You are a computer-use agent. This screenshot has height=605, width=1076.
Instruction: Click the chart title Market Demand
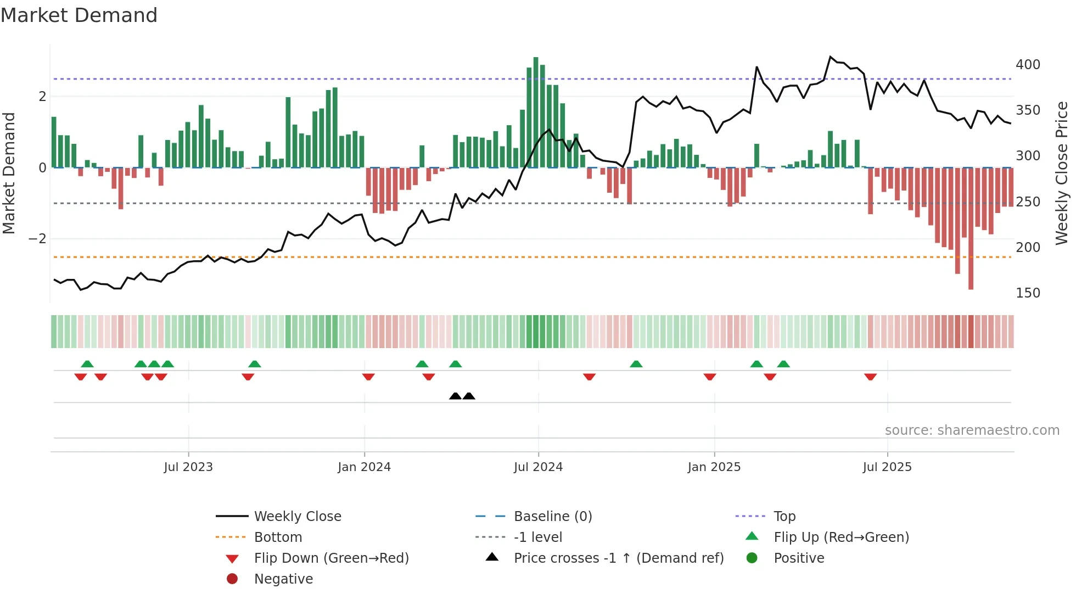pos(79,15)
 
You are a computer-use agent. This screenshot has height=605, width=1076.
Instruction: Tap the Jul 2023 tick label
pos(188,467)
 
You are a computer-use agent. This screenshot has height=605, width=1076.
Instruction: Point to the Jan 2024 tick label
pos(364,467)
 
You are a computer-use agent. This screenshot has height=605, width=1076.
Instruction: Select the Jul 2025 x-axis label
pos(887,467)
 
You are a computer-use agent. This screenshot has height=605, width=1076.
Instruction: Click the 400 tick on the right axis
pos(1028,65)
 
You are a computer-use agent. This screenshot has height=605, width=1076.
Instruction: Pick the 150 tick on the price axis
pos(1028,293)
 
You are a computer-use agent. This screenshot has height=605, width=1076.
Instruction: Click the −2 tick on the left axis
pos(37,239)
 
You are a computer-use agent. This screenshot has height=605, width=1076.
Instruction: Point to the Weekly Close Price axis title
pos(1062,173)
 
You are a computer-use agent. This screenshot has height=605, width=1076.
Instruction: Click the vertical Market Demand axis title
pos(9,173)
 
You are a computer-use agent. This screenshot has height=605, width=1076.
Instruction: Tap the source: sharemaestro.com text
pos(972,430)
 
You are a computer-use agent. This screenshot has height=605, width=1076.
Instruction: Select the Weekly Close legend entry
pos(297,517)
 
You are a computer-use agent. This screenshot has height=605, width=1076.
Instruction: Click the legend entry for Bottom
pos(278,537)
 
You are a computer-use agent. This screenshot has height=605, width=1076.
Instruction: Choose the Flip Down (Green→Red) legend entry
pos(331,558)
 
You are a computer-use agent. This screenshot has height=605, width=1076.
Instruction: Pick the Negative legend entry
pos(283,579)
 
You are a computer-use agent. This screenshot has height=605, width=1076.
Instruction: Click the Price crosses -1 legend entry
pos(618,558)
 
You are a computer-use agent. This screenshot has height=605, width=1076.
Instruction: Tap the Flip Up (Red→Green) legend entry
pos(841,537)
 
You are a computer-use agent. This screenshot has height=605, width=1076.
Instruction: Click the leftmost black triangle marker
pos(455,396)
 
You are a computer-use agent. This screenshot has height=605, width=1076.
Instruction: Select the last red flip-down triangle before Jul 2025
pos(870,377)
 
